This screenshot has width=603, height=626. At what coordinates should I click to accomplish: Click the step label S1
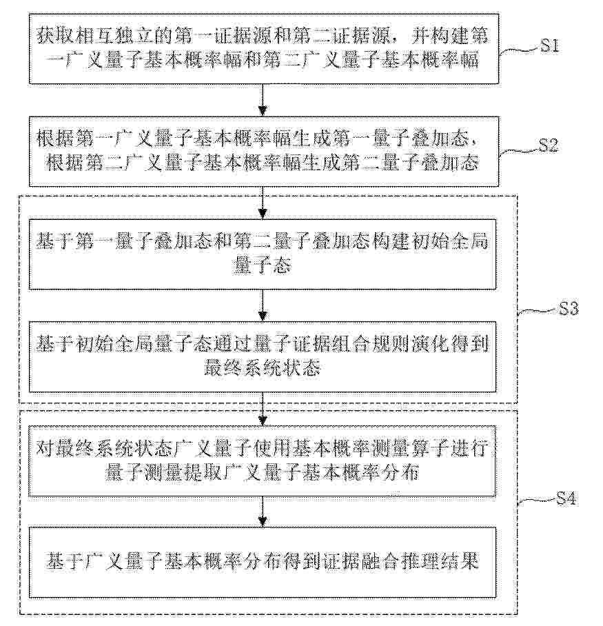click(549, 46)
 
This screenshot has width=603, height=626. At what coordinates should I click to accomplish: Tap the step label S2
click(549, 146)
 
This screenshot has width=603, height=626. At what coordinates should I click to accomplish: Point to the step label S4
click(566, 498)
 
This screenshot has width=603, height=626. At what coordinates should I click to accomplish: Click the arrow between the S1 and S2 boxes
click(262, 100)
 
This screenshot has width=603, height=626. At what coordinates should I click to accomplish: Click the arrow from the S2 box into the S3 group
click(262, 203)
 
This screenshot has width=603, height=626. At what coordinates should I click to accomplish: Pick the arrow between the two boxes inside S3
click(262, 305)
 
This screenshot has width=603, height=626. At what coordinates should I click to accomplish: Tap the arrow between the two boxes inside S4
click(262, 512)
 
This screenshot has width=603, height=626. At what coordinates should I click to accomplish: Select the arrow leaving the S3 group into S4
click(262, 409)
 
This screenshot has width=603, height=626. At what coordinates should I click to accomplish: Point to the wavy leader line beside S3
click(538, 312)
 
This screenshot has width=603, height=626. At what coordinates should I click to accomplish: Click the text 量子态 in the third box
click(262, 265)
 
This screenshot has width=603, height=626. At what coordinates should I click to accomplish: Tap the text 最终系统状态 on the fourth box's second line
click(262, 368)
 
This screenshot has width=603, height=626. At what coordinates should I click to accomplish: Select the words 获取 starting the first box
click(55, 37)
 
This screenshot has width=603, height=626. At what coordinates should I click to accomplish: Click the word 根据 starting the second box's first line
click(55, 139)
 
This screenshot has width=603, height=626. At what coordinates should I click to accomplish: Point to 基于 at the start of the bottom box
click(65, 561)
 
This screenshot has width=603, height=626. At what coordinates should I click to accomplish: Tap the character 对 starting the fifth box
click(45, 448)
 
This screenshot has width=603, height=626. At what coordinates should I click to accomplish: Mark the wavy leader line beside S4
click(537, 502)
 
